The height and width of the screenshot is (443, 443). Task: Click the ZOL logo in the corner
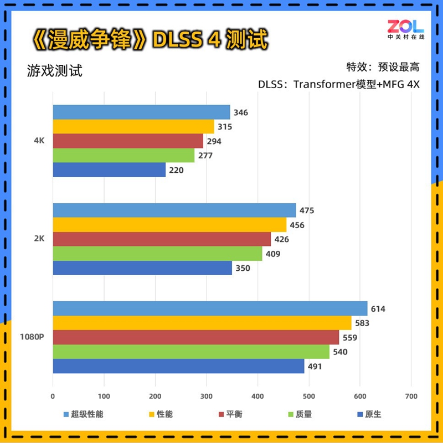[405, 29]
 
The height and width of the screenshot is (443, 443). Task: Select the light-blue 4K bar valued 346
[141, 112]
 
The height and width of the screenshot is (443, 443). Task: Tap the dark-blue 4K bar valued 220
[109, 170]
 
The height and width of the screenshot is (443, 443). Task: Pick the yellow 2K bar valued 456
[169, 225]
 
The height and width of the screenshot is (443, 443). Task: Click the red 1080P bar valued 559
[195, 337]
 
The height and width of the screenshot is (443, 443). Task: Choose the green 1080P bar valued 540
[190, 352]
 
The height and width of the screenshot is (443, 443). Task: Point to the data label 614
[378, 309]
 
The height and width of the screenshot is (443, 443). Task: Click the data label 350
[243, 269]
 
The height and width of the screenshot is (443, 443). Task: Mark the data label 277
[205, 156]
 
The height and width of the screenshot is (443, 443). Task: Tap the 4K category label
[39, 141]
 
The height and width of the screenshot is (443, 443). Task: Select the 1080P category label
[32, 337]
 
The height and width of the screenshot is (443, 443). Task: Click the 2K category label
[39, 239]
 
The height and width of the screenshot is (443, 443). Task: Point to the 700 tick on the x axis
[411, 396]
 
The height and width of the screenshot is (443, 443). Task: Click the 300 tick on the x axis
[207, 396]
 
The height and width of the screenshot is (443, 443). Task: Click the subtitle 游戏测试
[54, 71]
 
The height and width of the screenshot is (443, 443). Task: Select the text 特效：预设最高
[383, 68]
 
